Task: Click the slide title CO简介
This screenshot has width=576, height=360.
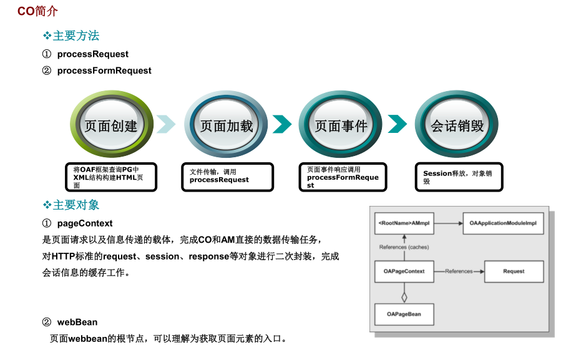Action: coord(37,11)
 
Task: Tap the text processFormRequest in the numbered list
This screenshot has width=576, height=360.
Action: coord(104,71)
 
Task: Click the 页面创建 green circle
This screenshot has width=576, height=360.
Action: coord(110,125)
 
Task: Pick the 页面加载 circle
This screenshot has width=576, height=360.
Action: coord(226,125)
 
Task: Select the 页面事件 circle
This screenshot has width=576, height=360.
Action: coord(341,125)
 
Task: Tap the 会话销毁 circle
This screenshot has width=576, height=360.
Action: coord(457,125)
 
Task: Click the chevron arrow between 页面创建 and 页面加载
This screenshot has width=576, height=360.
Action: coord(166,124)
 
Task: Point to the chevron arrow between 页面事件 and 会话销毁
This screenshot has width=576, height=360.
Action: coord(397,124)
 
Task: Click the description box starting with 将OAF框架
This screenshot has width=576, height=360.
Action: coord(110,177)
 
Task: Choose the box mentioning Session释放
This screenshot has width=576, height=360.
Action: coord(459,177)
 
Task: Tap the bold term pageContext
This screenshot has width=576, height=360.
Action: coord(85,223)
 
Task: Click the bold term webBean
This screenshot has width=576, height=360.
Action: coord(77,322)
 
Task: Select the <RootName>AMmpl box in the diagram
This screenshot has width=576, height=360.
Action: coord(404,223)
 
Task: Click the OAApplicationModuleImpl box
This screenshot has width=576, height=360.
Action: coord(503,223)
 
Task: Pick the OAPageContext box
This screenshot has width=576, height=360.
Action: coord(404,271)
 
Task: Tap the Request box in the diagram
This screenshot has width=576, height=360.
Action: coord(514,271)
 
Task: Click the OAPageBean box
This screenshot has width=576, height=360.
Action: coord(404,314)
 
